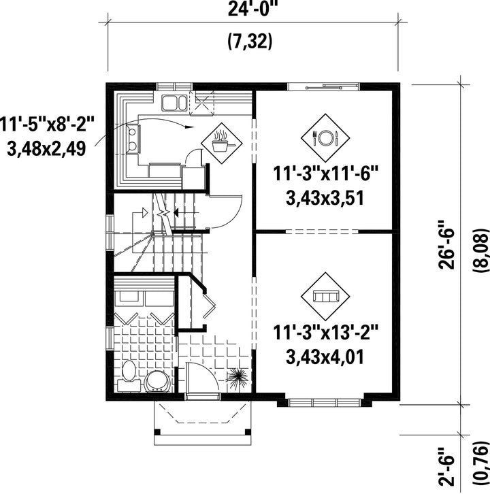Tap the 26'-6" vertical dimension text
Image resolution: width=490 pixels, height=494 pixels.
(447, 244)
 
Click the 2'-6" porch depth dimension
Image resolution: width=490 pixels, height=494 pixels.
(447, 467)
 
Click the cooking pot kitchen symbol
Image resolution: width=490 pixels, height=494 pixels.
(222, 144)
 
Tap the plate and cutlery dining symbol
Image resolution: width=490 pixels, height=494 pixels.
(325, 138)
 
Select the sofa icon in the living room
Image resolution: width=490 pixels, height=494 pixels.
(325, 297)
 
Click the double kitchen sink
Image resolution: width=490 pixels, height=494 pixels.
(174, 103)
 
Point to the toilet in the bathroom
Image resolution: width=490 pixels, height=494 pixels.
(129, 376)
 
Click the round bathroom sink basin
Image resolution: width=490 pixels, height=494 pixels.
(157, 382)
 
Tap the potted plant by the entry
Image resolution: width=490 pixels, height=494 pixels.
(238, 376)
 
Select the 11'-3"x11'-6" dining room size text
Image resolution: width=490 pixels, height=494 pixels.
(325, 174)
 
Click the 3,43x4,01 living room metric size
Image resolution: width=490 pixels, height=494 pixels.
(325, 357)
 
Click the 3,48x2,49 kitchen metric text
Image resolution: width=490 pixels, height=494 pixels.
(46, 149)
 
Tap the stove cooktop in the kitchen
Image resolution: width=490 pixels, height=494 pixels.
(133, 139)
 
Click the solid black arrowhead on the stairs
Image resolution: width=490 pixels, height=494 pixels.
(176, 213)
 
